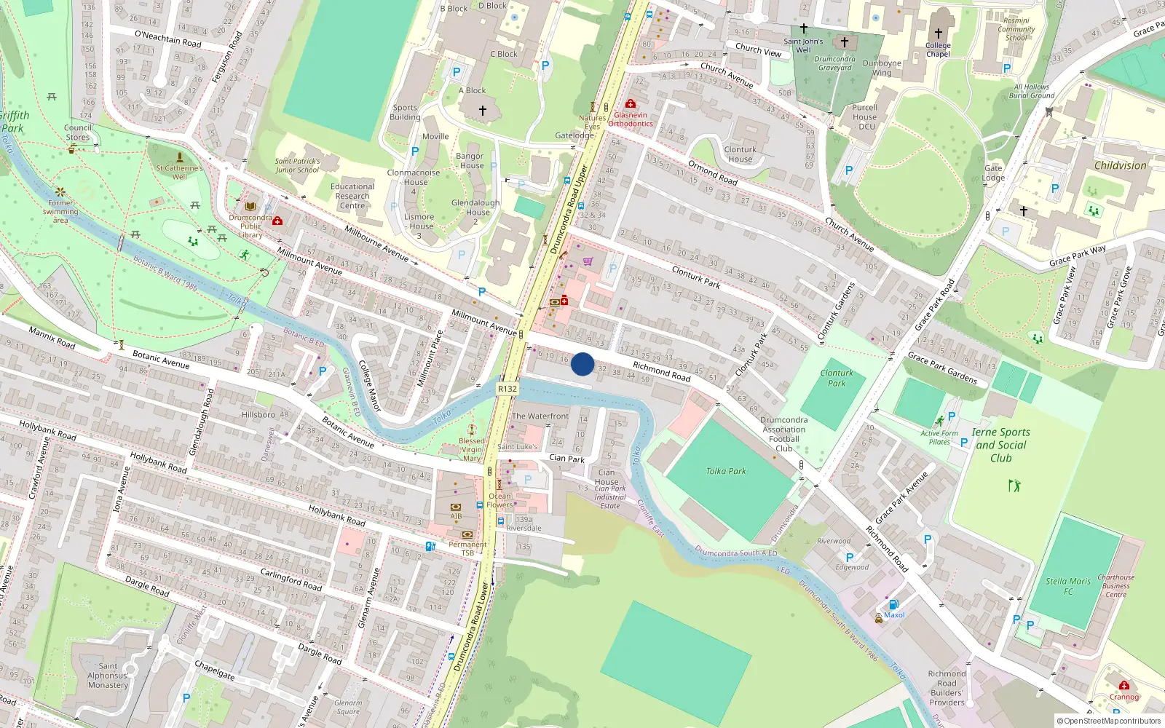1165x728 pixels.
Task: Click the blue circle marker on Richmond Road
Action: [x=582, y=364]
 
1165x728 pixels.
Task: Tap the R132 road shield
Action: [x=508, y=389]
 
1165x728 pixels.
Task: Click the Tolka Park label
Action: [x=725, y=471]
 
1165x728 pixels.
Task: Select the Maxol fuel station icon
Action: [x=893, y=605]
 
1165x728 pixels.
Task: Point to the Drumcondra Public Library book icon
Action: [x=250, y=207]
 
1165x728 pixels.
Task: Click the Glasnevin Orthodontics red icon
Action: [x=631, y=104]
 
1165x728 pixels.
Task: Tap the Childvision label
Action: [x=1120, y=165]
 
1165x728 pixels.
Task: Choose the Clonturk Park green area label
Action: [x=837, y=378]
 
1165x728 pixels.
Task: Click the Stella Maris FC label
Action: [x=1068, y=586]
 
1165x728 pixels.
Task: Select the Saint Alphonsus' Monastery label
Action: [x=108, y=676]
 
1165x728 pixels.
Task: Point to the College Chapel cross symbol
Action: [x=939, y=33]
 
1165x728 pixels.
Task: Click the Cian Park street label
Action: [x=566, y=459]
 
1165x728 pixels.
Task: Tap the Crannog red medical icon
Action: [x=1124, y=686]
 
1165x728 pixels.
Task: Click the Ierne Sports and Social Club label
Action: [x=1000, y=445]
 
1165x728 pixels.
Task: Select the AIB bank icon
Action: [x=456, y=507]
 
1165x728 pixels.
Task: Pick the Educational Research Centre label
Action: [x=352, y=196]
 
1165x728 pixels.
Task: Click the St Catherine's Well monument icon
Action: [x=180, y=157]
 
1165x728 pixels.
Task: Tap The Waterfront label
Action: [x=540, y=416]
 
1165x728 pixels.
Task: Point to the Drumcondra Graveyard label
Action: [x=834, y=63]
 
